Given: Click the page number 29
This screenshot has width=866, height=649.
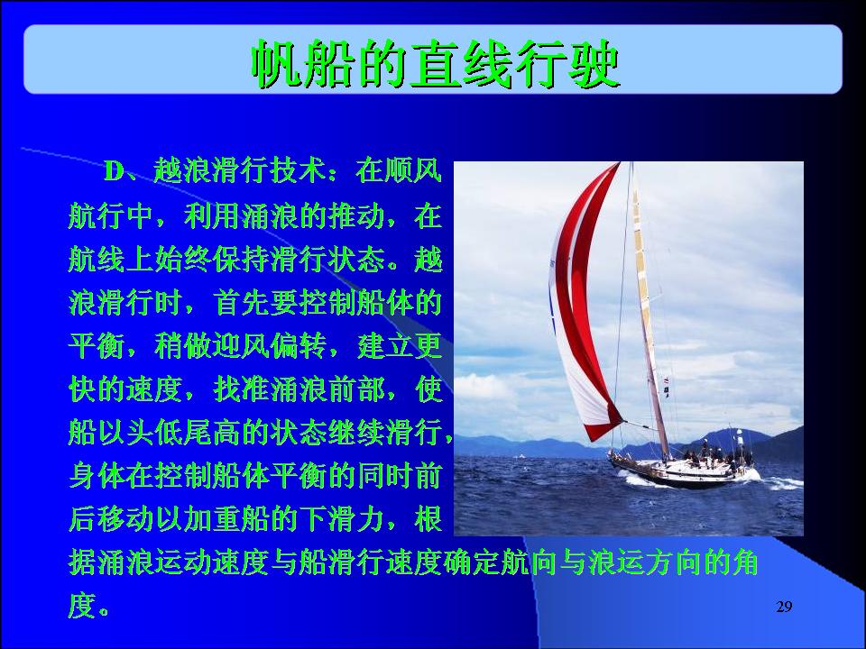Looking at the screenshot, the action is point(784,607).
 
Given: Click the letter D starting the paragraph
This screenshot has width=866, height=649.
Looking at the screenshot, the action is point(115,170).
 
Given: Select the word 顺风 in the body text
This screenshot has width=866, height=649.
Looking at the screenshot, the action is point(414,170).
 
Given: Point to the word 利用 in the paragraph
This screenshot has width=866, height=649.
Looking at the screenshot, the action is point(213,215).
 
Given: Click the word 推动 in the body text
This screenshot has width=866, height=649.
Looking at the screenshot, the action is point(356,215).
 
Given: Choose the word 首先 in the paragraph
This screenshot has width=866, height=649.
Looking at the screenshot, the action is point(242,303).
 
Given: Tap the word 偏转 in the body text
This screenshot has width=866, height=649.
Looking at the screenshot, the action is point(299,346).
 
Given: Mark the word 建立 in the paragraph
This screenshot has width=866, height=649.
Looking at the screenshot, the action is point(385,346).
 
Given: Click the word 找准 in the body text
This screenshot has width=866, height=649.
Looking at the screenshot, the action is point(242,389).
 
